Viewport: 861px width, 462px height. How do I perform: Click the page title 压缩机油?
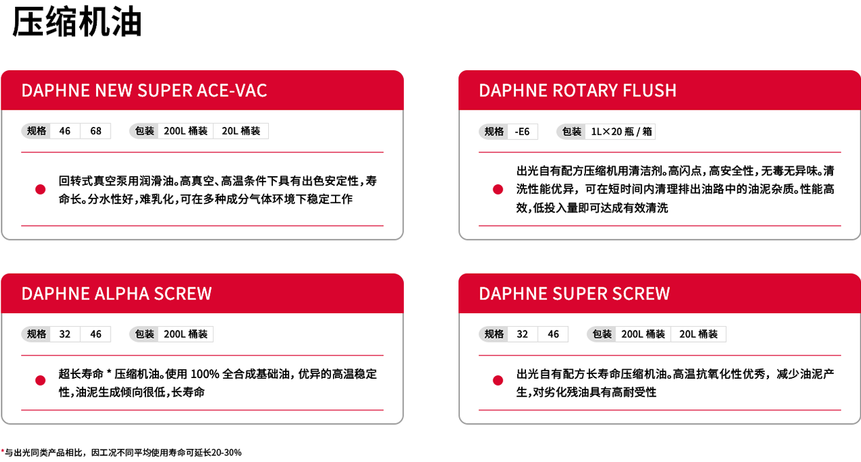click(77, 22)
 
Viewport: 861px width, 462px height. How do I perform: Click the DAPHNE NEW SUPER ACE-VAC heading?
click(144, 90)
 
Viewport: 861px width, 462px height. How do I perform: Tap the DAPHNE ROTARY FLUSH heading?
click(577, 90)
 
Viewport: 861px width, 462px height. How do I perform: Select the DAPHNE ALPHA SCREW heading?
click(117, 293)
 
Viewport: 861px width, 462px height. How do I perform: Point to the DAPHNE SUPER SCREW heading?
click(574, 293)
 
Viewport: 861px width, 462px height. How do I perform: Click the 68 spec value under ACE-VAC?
click(96, 131)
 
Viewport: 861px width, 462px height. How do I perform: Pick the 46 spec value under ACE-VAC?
click(65, 131)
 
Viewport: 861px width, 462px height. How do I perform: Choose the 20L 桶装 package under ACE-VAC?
click(241, 131)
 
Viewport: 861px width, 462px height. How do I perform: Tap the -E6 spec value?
click(522, 131)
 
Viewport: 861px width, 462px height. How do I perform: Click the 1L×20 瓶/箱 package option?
click(619, 131)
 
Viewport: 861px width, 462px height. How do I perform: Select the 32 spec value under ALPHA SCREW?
click(65, 334)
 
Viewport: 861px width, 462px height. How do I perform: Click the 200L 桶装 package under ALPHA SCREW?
click(186, 334)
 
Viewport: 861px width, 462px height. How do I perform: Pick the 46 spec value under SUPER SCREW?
click(553, 334)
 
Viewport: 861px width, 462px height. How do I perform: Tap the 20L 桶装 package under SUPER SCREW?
click(699, 334)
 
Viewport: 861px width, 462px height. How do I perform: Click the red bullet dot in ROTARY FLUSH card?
click(498, 189)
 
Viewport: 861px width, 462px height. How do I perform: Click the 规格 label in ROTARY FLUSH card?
click(494, 131)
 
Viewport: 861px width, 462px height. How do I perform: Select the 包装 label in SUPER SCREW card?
click(602, 334)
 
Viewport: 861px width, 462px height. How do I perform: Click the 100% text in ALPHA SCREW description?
click(205, 374)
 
